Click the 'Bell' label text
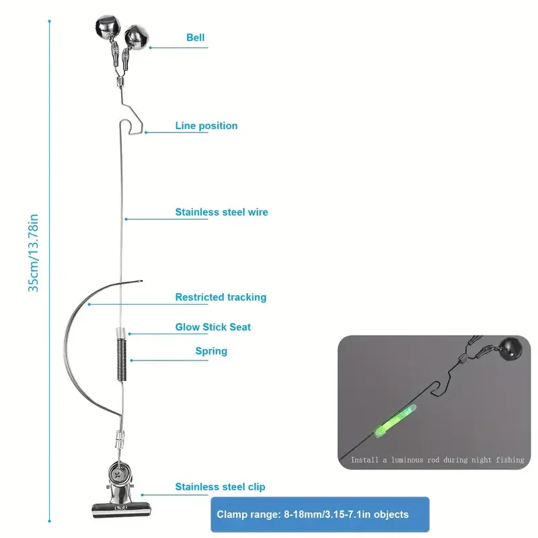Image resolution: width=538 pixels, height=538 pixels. (x=196, y=38)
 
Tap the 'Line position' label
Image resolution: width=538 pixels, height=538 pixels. (x=206, y=126)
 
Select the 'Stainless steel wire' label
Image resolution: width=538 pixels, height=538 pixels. (x=221, y=212)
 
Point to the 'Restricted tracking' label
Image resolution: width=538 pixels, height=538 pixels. (x=221, y=297)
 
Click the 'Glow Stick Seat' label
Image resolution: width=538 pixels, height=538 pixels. (x=213, y=327)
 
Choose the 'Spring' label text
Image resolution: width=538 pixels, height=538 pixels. (x=211, y=351)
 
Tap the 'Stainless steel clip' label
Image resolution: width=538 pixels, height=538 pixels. (x=220, y=487)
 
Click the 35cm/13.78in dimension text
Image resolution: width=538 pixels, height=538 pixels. (x=33, y=252)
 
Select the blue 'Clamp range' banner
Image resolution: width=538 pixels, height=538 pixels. (x=319, y=514)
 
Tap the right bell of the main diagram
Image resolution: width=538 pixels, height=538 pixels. (x=137, y=36)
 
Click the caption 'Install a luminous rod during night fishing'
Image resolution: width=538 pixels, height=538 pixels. (x=437, y=460)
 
